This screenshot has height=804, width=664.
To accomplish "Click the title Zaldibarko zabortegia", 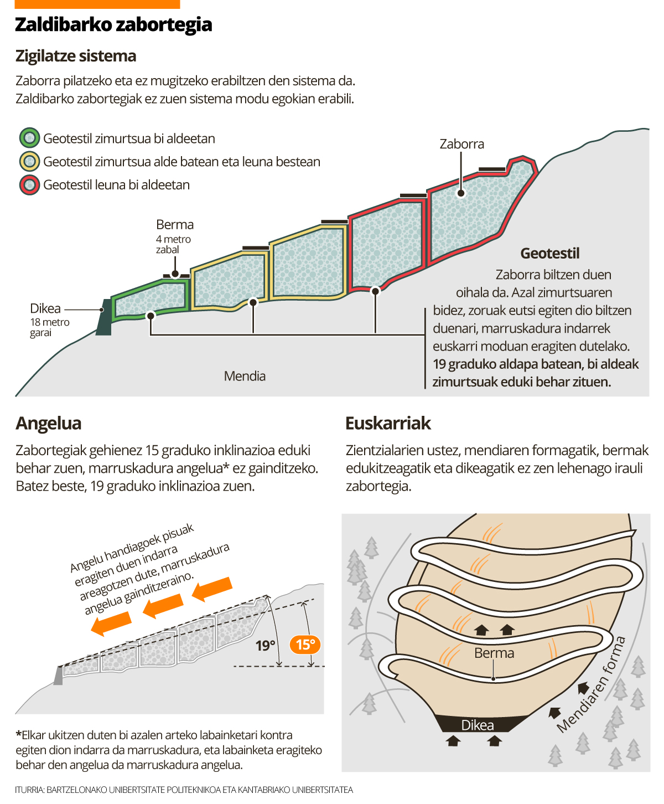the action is coord(113,25).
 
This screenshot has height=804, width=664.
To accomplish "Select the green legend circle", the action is coord(30,138).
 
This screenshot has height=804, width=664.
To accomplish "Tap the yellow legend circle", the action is coord(30,161).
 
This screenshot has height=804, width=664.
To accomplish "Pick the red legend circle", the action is coord(30,185).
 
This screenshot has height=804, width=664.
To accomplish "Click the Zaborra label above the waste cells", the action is coord(461,144).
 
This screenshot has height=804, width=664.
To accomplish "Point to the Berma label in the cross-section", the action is coord(175,224).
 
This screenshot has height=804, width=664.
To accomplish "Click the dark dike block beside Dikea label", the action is coord(104,317).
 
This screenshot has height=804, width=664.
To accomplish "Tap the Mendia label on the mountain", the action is coord(245,376).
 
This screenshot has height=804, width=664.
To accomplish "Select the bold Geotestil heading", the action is coord(549,254).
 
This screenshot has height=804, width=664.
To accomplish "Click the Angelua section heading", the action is coord(49,423).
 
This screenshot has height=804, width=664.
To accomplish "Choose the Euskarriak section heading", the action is coord(388,423).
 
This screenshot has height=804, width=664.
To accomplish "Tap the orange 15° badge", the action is coord(305,645).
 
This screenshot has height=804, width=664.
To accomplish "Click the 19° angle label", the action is coord(266,645).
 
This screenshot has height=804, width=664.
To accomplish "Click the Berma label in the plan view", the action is coord(494,653).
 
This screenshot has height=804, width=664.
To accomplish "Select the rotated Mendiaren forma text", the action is coord(592,684).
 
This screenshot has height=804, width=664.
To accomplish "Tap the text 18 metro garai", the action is coord(50,327).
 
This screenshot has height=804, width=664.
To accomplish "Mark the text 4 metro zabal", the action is coord(173,244).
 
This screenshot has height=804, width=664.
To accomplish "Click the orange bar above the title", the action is coord(97,4).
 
